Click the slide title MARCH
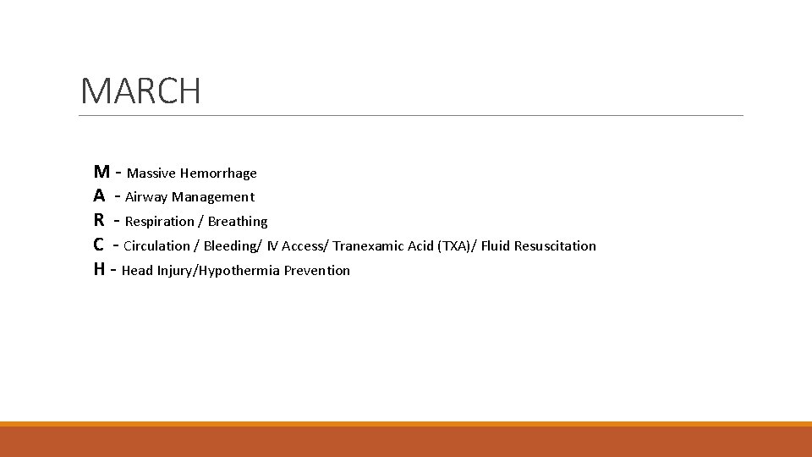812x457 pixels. [x=140, y=91]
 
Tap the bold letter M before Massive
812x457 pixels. [x=101, y=172]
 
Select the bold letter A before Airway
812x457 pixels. [x=100, y=196]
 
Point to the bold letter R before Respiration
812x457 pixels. [x=100, y=221]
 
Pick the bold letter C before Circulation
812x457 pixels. [x=100, y=245]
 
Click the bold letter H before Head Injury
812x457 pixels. [x=100, y=270]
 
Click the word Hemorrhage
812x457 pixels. [x=218, y=173]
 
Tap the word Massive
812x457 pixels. [x=151, y=173]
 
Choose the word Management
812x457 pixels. [x=213, y=197]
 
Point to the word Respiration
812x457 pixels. [x=160, y=222]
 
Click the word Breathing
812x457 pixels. [x=238, y=222]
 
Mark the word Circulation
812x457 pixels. [x=157, y=246]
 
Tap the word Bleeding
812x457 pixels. [x=231, y=246]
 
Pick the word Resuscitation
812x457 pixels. [x=555, y=246]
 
